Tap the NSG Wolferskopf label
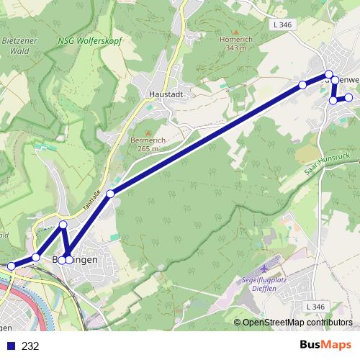pyautogui.click(x=90, y=41)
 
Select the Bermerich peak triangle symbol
pyautogui.click(x=149, y=132)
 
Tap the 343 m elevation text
pyautogui.click(x=233, y=48)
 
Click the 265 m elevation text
pyautogui.click(x=144, y=148)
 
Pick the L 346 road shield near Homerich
pyautogui.click(x=282, y=25)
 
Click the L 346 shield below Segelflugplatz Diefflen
pyautogui.click(x=315, y=307)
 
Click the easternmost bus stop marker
pyautogui.click(x=349, y=97)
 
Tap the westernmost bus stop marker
pyautogui.click(x=11, y=266)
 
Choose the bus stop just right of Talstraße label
pyautogui.click(x=110, y=193)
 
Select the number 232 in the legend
pyautogui.click(x=30, y=346)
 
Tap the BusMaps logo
pyautogui.click(x=325, y=346)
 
